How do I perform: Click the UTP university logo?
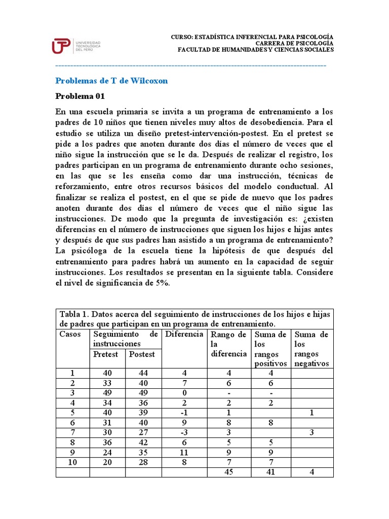[76, 45]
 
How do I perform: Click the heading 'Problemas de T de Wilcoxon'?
[111, 81]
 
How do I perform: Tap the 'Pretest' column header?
[105, 354]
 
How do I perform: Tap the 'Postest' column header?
[142, 354]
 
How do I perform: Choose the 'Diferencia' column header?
[184, 334]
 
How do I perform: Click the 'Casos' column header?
[70, 334]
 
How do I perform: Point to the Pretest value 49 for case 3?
[107, 392]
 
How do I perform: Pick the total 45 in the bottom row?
[228, 471]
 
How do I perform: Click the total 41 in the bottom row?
[270, 471]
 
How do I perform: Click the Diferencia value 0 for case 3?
[184, 392]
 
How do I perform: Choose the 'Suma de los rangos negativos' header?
[312, 349]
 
